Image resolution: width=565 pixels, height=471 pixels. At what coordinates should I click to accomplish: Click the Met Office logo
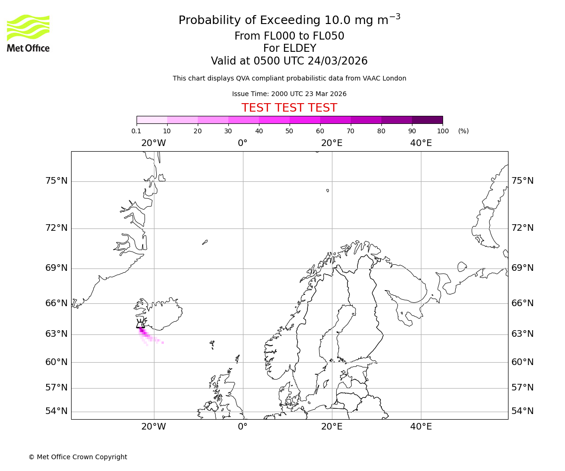[x=28, y=33]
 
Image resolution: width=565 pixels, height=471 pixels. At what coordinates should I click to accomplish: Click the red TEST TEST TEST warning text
[x=289, y=108]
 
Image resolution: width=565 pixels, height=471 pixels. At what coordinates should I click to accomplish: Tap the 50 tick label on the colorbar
[x=290, y=131]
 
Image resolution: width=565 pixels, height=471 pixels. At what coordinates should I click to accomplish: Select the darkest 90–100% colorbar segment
[x=427, y=120]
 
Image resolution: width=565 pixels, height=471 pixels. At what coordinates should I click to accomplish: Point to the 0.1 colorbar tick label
[x=137, y=131]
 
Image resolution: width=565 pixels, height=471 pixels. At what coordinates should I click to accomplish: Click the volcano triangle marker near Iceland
[x=140, y=324]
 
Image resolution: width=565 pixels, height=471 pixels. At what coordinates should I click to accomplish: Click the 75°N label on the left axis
[x=56, y=181]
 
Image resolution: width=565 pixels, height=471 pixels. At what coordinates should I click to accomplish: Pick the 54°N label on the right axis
[x=523, y=411]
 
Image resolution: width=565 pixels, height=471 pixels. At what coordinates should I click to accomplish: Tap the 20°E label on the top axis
[x=332, y=143]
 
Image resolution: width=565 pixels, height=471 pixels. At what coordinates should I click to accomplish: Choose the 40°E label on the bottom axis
[x=421, y=427]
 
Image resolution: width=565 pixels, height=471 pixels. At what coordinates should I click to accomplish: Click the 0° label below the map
[x=242, y=427]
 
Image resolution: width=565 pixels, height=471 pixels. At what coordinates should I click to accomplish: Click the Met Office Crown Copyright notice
[x=78, y=457]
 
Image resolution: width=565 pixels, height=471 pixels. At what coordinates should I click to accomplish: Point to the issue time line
[x=289, y=94]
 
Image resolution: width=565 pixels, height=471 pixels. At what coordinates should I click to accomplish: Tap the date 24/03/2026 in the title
[x=338, y=61]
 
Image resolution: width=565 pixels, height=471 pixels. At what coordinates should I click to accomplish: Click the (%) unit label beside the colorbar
[x=463, y=131]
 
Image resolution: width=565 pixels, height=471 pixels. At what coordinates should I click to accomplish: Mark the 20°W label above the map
[x=153, y=143]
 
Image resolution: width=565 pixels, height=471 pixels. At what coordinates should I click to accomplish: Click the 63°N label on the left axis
[x=56, y=334]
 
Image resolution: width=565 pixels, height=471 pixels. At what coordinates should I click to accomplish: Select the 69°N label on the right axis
[x=523, y=268]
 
